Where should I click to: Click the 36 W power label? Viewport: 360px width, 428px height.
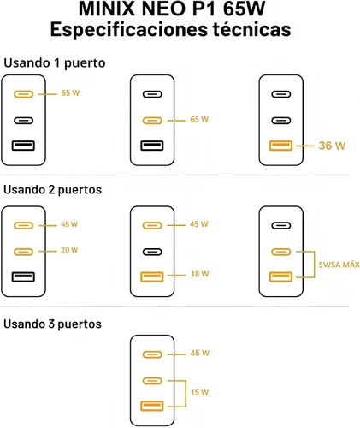(x=332, y=146)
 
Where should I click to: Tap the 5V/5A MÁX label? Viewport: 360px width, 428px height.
(x=339, y=265)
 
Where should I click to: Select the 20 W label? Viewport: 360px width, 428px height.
(x=69, y=250)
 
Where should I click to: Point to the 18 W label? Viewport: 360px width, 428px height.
(x=200, y=274)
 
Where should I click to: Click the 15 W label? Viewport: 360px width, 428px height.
(x=199, y=392)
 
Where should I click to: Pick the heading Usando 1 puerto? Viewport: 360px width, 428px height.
(x=55, y=63)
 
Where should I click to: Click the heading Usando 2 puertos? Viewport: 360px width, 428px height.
(x=53, y=190)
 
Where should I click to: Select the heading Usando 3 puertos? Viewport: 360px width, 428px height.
(x=52, y=324)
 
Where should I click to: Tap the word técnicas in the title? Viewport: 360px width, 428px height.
(x=251, y=29)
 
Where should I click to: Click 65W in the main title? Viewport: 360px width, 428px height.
(x=245, y=9)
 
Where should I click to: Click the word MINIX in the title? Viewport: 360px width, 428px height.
(x=107, y=9)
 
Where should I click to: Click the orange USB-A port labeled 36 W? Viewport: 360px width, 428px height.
(x=280, y=146)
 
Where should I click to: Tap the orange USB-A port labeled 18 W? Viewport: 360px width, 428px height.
(x=152, y=276)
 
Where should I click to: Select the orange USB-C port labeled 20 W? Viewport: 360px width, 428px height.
(x=23, y=252)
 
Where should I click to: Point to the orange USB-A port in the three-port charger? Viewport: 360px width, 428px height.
(x=152, y=406)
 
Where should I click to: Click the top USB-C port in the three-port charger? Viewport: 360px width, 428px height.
(x=152, y=354)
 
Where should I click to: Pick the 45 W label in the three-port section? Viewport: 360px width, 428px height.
(x=200, y=354)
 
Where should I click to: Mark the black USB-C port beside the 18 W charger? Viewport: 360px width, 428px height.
(x=152, y=252)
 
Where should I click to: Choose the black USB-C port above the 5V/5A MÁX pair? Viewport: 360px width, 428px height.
(x=281, y=225)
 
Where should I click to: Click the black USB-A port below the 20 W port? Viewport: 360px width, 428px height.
(x=23, y=276)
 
